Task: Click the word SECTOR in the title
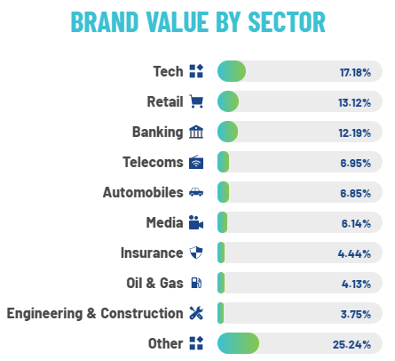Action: click(287, 22)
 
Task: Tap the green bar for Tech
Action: click(232, 71)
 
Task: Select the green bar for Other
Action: click(238, 343)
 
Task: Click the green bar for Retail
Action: click(228, 101)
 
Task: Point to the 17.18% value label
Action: click(355, 72)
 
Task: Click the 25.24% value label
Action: click(352, 344)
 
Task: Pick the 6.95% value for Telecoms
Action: click(355, 163)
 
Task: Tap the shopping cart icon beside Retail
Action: click(196, 101)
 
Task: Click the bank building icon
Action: click(196, 132)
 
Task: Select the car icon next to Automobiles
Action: click(196, 192)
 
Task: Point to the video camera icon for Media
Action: click(196, 222)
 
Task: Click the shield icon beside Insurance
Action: click(196, 253)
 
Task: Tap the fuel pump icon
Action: click(196, 283)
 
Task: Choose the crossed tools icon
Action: click(196, 313)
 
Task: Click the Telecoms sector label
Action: click(153, 162)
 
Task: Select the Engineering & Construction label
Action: click(95, 313)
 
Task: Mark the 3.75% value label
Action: click(356, 314)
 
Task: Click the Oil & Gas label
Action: click(154, 283)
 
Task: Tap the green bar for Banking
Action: click(227, 132)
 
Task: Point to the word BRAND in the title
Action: click(105, 22)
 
